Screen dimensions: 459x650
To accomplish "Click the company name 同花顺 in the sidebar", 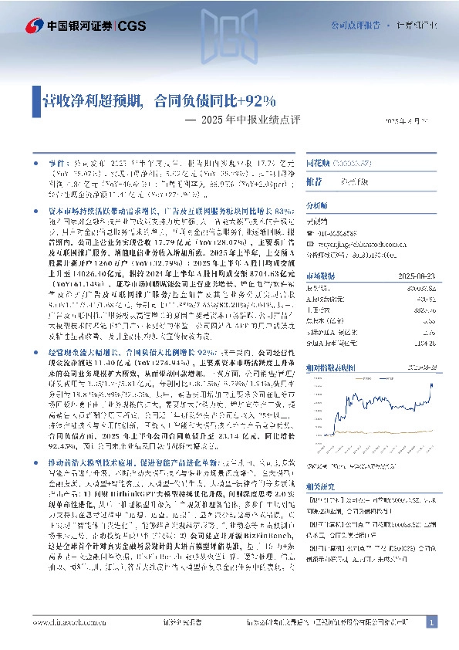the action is click(319, 165).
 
